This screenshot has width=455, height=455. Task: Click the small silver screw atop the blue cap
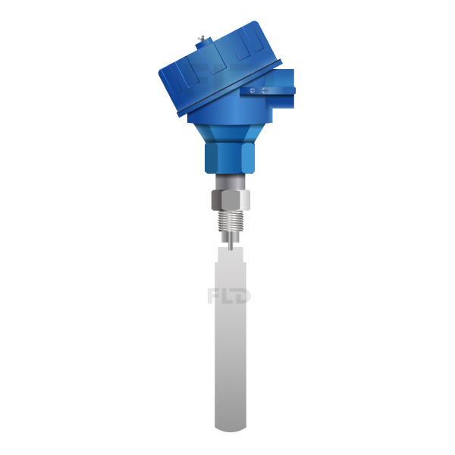coord(202,39)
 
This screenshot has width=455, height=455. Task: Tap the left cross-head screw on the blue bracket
coord(253,90)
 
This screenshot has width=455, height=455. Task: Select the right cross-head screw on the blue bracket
coord(265,90)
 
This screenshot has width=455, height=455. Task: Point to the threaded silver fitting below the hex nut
coord(231,221)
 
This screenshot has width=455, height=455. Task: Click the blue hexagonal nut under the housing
coord(230,158)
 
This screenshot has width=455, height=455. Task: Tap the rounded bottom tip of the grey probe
coord(231,429)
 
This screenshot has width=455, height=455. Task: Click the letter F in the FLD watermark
coord(214,296)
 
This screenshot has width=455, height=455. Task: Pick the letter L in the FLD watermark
coord(228,296)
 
